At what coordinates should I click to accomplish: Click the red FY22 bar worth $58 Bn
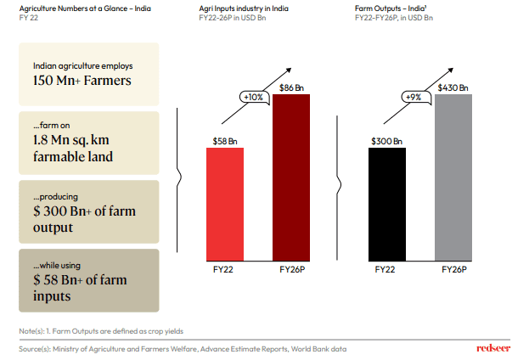tap(224, 204)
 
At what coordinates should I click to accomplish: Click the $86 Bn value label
tap(291, 87)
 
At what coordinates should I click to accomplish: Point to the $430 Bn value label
tap(453, 87)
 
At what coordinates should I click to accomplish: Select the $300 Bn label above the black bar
tap(386, 141)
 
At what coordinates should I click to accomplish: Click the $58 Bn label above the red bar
tap(225, 141)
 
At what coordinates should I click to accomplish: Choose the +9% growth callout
tap(414, 97)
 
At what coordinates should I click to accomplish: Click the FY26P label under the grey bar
tap(453, 270)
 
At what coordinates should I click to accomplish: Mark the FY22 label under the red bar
tap(225, 270)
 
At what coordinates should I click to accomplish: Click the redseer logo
tap(493, 348)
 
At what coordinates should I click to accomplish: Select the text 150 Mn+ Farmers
tap(82, 82)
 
